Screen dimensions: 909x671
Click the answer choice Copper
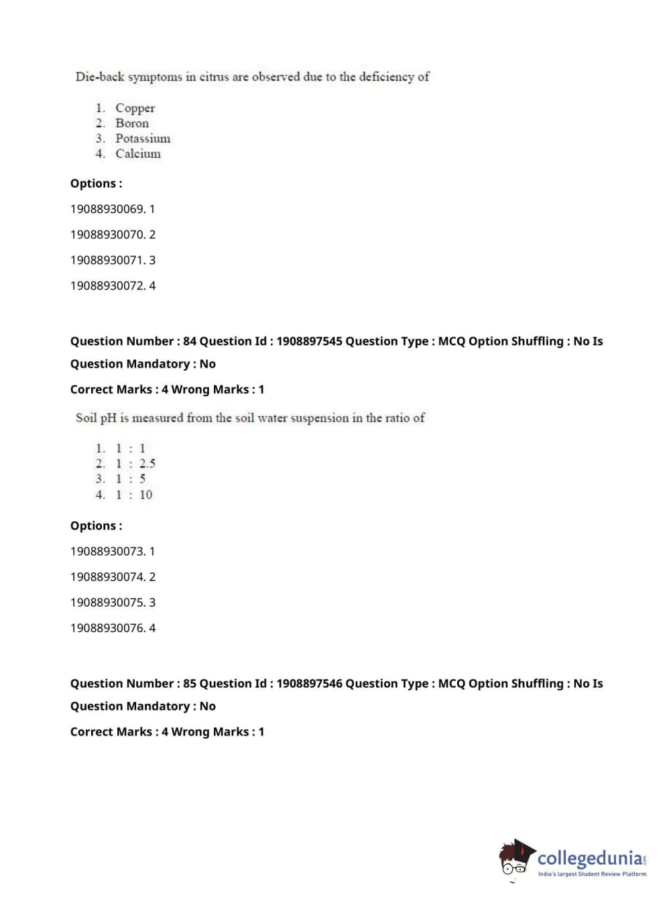click(135, 108)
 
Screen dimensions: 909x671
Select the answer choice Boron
click(132, 123)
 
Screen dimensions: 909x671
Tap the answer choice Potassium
click(143, 139)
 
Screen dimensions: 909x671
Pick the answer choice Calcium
click(138, 154)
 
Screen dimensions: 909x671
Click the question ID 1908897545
click(309, 341)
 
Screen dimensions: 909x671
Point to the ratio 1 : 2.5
click(135, 464)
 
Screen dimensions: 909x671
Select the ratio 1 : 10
click(134, 495)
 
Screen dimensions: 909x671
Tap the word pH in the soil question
click(108, 418)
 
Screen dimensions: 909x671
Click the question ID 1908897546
click(309, 684)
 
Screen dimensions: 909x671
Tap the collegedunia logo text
click(589, 858)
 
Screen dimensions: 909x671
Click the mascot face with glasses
click(515, 861)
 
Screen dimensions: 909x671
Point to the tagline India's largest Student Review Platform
click(592, 874)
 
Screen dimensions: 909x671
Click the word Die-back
click(100, 77)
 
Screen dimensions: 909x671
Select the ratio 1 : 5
click(131, 479)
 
